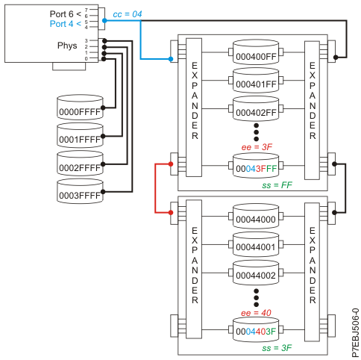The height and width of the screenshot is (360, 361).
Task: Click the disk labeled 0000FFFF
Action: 80,109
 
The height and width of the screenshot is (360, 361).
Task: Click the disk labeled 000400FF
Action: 256,54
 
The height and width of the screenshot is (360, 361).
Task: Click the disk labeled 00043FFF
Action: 256,167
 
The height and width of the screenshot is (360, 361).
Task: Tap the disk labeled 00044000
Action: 256,219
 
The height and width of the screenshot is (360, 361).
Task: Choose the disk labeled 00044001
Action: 256,245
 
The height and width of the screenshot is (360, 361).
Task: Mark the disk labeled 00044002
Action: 256,274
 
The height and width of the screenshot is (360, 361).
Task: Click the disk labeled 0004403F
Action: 256,331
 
